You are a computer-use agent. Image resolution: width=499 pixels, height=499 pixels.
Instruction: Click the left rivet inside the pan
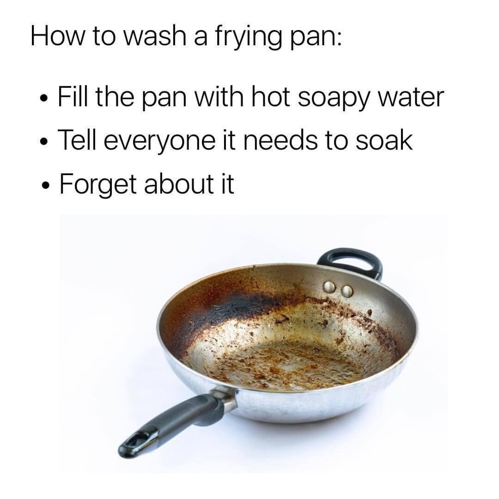point(329,287)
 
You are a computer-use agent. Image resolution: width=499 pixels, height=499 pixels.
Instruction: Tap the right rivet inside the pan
point(347,291)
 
